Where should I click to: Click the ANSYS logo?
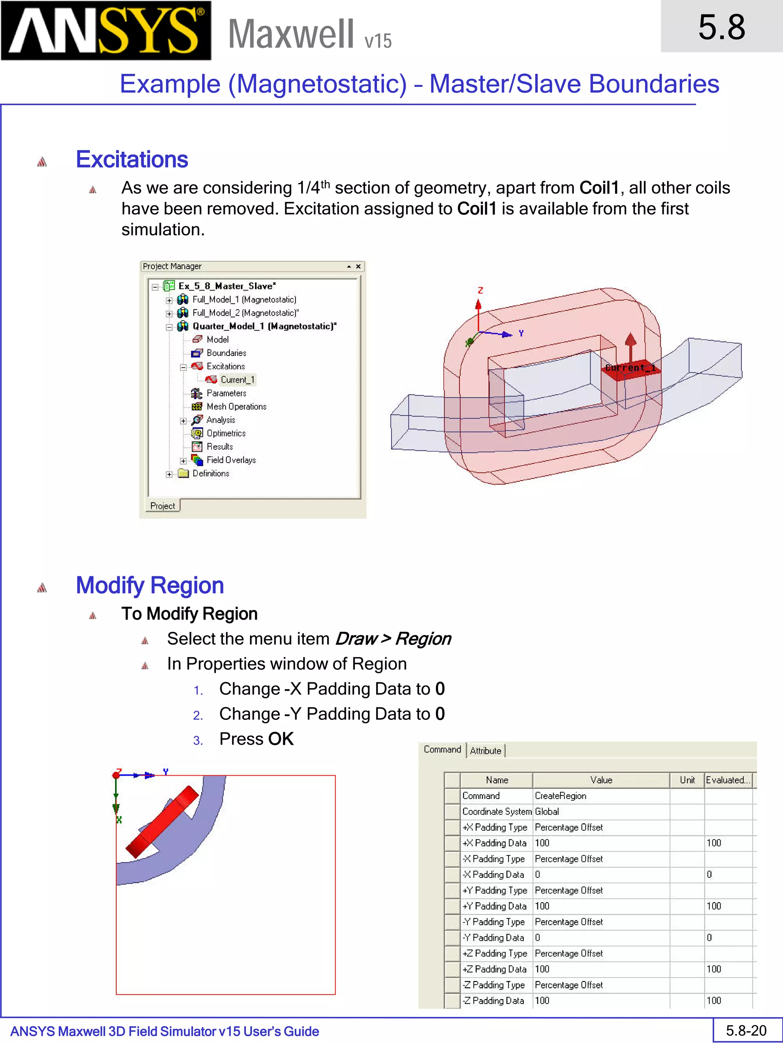tap(106, 31)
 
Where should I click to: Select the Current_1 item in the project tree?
tap(237, 380)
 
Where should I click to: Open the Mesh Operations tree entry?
tap(236, 407)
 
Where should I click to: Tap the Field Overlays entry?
tap(231, 460)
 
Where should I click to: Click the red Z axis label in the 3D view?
tap(480, 290)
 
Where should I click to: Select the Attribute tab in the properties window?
tap(485, 751)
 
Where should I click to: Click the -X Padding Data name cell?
tap(493, 875)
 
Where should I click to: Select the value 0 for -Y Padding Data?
tap(538, 938)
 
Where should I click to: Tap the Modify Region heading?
tap(149, 585)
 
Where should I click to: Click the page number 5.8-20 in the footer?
tap(746, 1031)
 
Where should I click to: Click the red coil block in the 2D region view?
tap(163, 821)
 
